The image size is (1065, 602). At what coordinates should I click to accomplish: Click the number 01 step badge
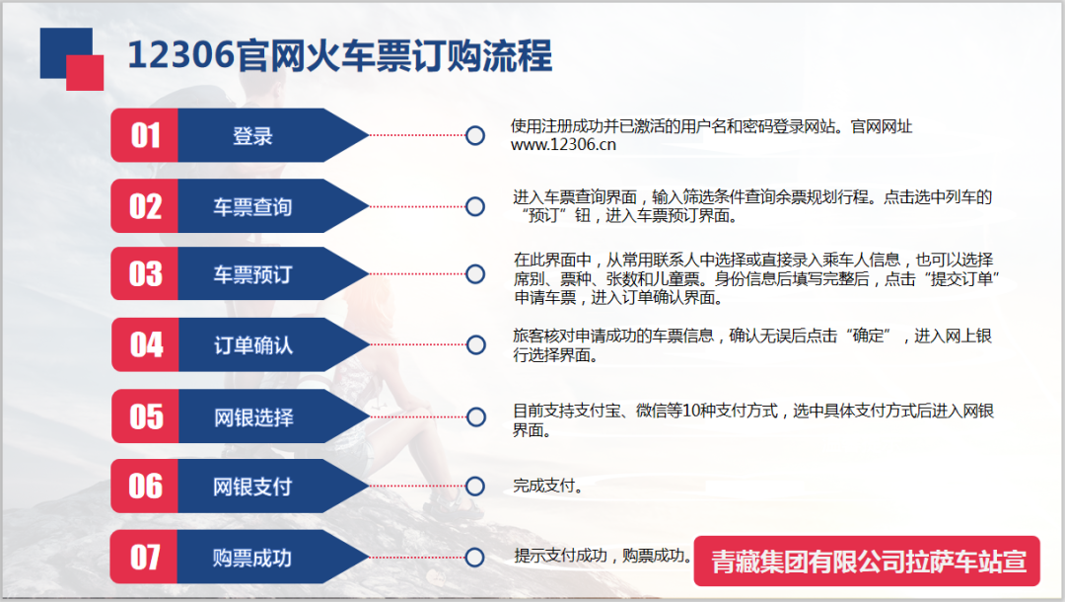click(145, 135)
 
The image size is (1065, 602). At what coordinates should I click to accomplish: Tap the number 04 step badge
click(145, 344)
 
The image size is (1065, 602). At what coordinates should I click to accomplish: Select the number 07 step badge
click(144, 557)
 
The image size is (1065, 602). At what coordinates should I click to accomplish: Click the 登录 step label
click(252, 136)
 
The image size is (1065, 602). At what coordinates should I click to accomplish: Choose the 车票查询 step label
click(252, 206)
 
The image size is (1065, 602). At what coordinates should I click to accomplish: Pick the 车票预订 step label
click(252, 274)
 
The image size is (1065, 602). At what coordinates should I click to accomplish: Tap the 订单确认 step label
click(253, 345)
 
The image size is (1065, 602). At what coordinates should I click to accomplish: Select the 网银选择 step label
click(254, 417)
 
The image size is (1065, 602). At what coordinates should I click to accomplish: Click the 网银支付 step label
click(252, 487)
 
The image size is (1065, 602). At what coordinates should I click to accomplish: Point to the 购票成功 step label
click(252, 558)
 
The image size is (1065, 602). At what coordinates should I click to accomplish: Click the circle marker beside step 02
click(475, 206)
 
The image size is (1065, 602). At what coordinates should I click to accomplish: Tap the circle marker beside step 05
click(476, 417)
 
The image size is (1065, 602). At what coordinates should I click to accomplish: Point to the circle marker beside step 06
click(475, 486)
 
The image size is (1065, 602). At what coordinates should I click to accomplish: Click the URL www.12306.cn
click(563, 145)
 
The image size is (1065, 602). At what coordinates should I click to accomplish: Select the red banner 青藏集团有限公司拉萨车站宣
click(867, 562)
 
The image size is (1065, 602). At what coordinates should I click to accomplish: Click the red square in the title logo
click(85, 73)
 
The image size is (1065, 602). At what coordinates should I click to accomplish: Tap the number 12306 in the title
click(180, 54)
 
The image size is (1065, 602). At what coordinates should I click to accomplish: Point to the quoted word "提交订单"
click(961, 279)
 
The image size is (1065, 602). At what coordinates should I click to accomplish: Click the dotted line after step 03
click(417, 273)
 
